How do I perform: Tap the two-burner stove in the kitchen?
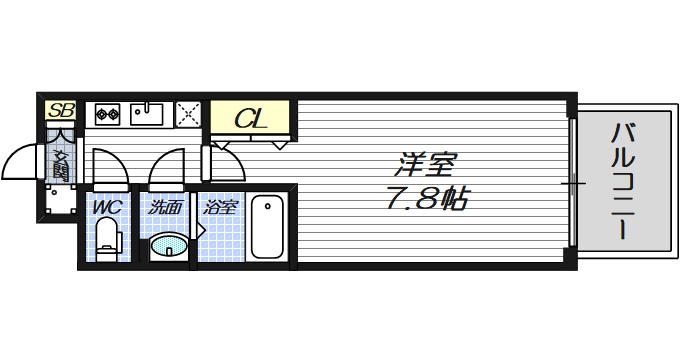(x=107, y=114)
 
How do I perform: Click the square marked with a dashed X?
(x=188, y=114)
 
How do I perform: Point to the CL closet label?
(x=250, y=119)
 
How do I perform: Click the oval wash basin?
(x=169, y=244)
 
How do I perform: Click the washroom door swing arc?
(x=167, y=165)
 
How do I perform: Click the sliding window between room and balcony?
(x=573, y=182)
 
